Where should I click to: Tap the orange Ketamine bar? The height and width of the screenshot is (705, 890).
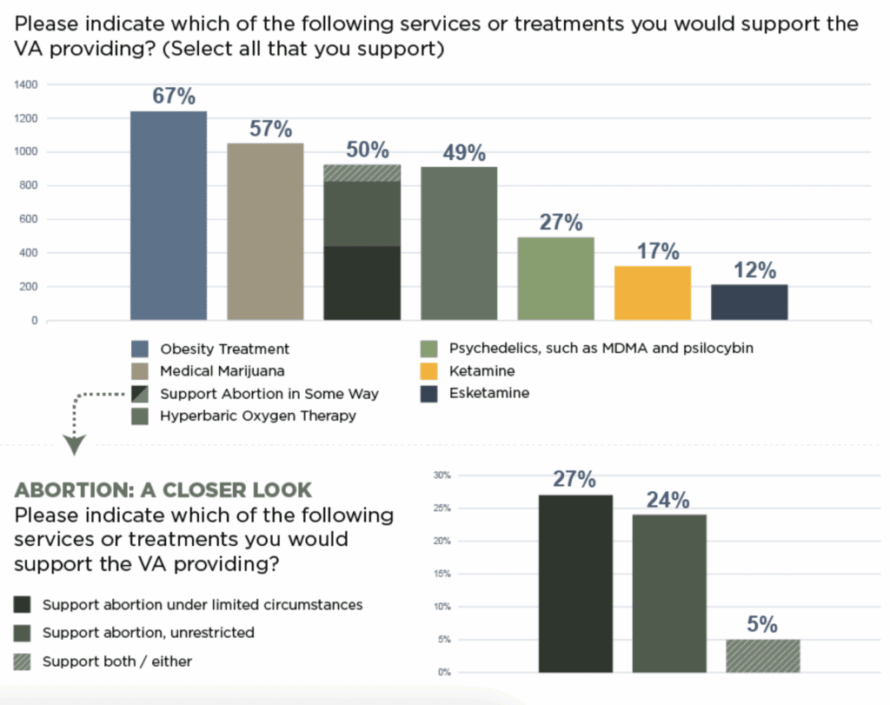(652, 293)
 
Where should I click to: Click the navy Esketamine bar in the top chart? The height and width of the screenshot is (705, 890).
(749, 303)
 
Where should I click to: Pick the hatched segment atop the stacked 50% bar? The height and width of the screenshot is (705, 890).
(362, 172)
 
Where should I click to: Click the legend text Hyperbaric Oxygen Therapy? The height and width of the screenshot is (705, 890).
(258, 416)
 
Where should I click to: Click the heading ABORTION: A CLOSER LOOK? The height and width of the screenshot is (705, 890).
(163, 489)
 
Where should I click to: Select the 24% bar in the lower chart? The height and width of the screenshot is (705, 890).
(669, 593)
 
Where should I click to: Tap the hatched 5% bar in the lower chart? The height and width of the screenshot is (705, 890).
(763, 655)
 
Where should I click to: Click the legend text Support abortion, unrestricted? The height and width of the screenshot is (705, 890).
(149, 633)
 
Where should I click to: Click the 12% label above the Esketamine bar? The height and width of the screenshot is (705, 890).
(753, 270)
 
